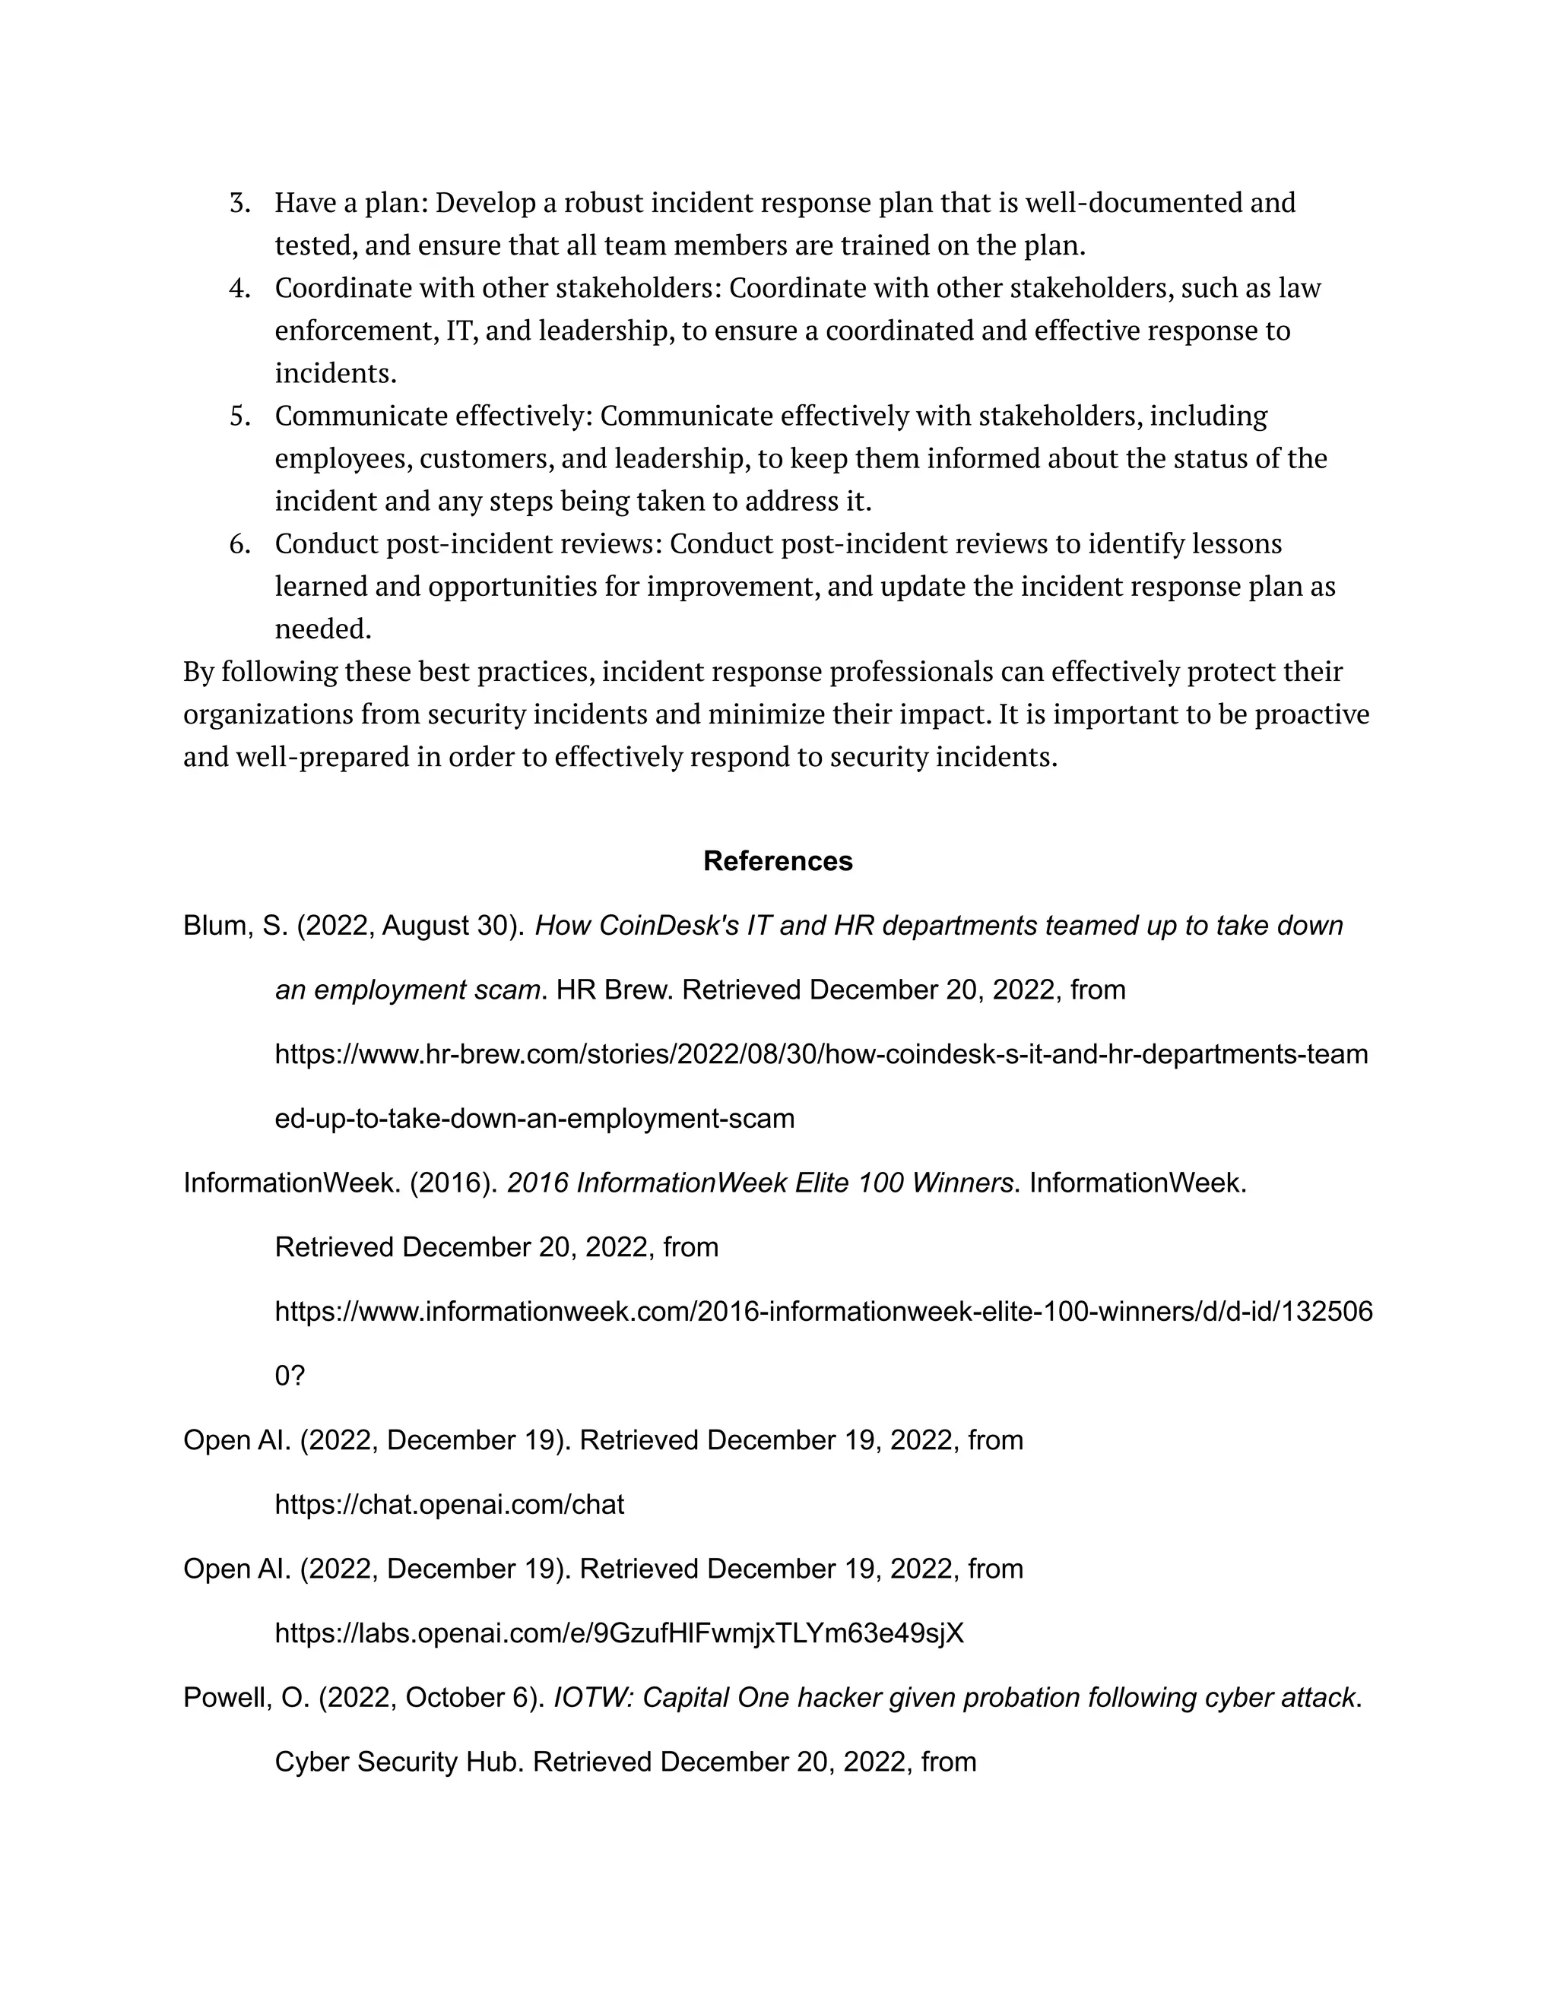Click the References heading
(x=778, y=861)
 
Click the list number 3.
(x=239, y=203)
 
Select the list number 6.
(x=239, y=544)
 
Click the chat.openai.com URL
(x=449, y=1505)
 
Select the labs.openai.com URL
(x=619, y=1634)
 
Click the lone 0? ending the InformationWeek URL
(x=290, y=1376)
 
